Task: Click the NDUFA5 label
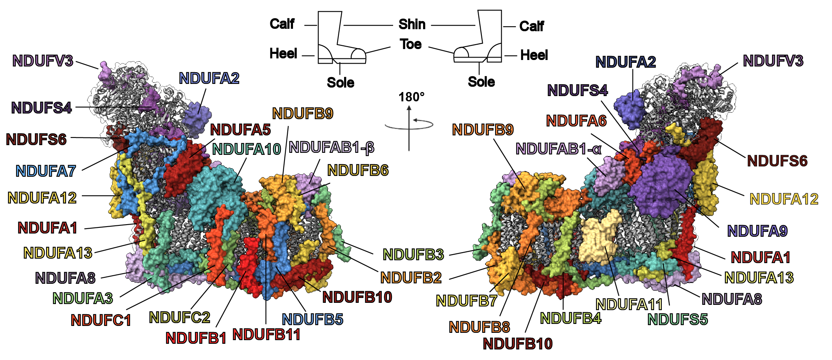click(x=240, y=130)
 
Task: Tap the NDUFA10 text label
click(x=247, y=149)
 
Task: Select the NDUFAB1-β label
click(x=332, y=148)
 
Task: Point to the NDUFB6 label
click(x=358, y=171)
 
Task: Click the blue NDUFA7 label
click(x=46, y=171)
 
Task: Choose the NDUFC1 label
click(x=101, y=320)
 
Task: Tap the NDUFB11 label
click(x=266, y=335)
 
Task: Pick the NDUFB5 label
click(x=312, y=319)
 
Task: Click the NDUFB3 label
click(x=413, y=255)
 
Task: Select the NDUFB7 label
click(x=466, y=301)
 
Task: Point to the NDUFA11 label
click(x=629, y=304)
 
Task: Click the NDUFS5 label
click(x=678, y=319)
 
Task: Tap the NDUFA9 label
click(x=757, y=231)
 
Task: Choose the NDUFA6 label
click(x=576, y=121)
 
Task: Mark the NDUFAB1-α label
click(x=558, y=149)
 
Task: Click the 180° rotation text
click(x=411, y=97)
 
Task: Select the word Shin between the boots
click(x=412, y=24)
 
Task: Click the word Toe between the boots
click(x=411, y=44)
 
